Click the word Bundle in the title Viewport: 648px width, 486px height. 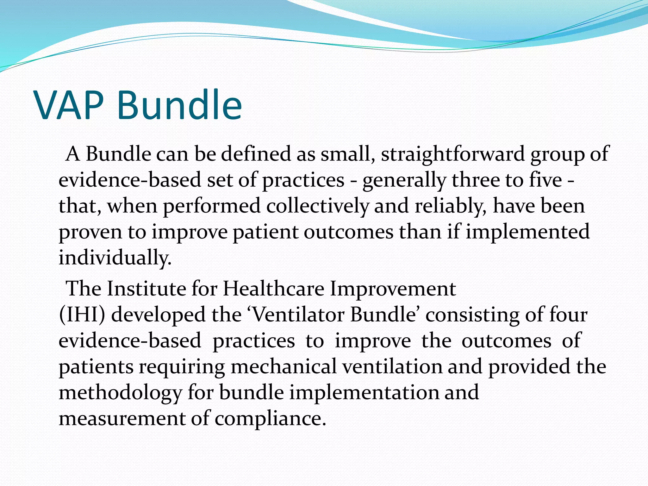tap(179, 105)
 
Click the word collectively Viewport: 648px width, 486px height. tap(317, 206)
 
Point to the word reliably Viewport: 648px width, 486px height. tap(451, 206)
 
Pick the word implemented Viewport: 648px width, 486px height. tap(527, 232)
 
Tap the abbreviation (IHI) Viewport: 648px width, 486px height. tap(82, 315)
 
